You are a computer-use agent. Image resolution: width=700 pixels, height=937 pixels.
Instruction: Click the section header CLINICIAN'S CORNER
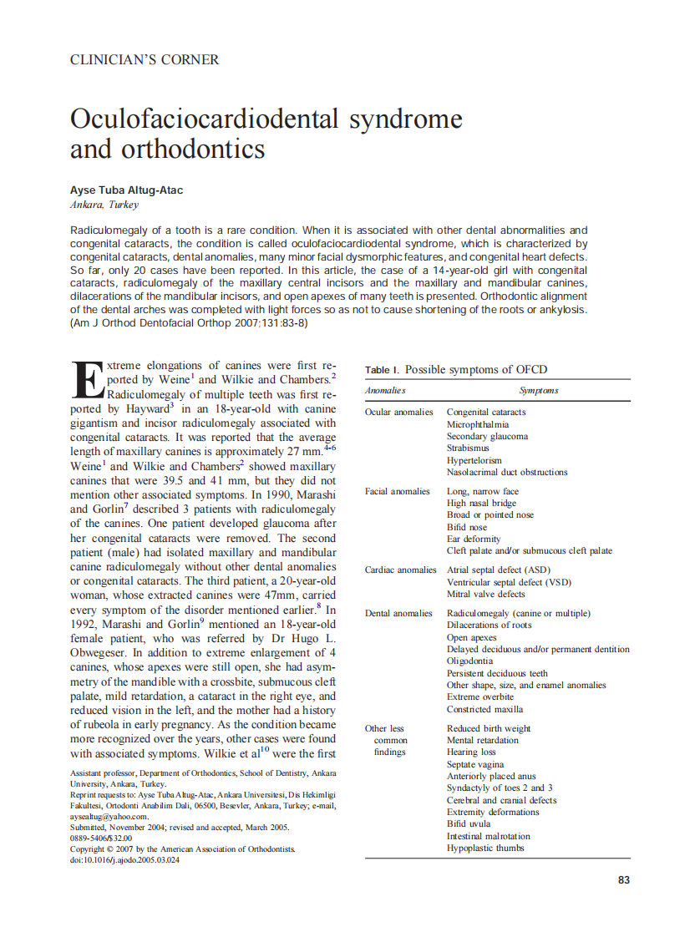[x=145, y=60]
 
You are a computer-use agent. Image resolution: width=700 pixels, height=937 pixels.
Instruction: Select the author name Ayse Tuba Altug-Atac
[x=126, y=190]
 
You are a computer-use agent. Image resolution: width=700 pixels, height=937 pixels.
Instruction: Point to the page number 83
[x=623, y=880]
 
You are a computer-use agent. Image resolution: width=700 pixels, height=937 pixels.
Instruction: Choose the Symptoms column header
[x=539, y=390]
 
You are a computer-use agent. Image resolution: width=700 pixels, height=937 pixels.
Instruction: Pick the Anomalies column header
[x=385, y=390]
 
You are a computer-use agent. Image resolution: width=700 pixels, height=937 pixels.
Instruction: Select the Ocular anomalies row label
[x=399, y=412]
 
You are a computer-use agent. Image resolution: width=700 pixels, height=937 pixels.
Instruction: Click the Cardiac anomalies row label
[x=400, y=570]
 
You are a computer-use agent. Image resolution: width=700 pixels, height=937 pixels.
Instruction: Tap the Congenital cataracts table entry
[x=486, y=412]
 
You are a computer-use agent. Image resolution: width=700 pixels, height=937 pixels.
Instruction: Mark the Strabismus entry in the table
[x=468, y=448]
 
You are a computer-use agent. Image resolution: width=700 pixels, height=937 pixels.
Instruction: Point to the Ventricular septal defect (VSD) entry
[x=509, y=582]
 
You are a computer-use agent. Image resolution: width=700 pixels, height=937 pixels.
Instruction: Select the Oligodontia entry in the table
[x=469, y=661]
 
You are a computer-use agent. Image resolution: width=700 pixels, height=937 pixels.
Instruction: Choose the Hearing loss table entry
[x=471, y=752]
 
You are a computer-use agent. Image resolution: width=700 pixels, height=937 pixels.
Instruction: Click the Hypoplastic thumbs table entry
[x=485, y=848]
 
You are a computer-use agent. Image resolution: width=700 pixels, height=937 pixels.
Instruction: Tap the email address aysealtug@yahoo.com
[x=108, y=817]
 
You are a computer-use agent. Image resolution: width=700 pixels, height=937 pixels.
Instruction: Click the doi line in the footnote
[x=124, y=859]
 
